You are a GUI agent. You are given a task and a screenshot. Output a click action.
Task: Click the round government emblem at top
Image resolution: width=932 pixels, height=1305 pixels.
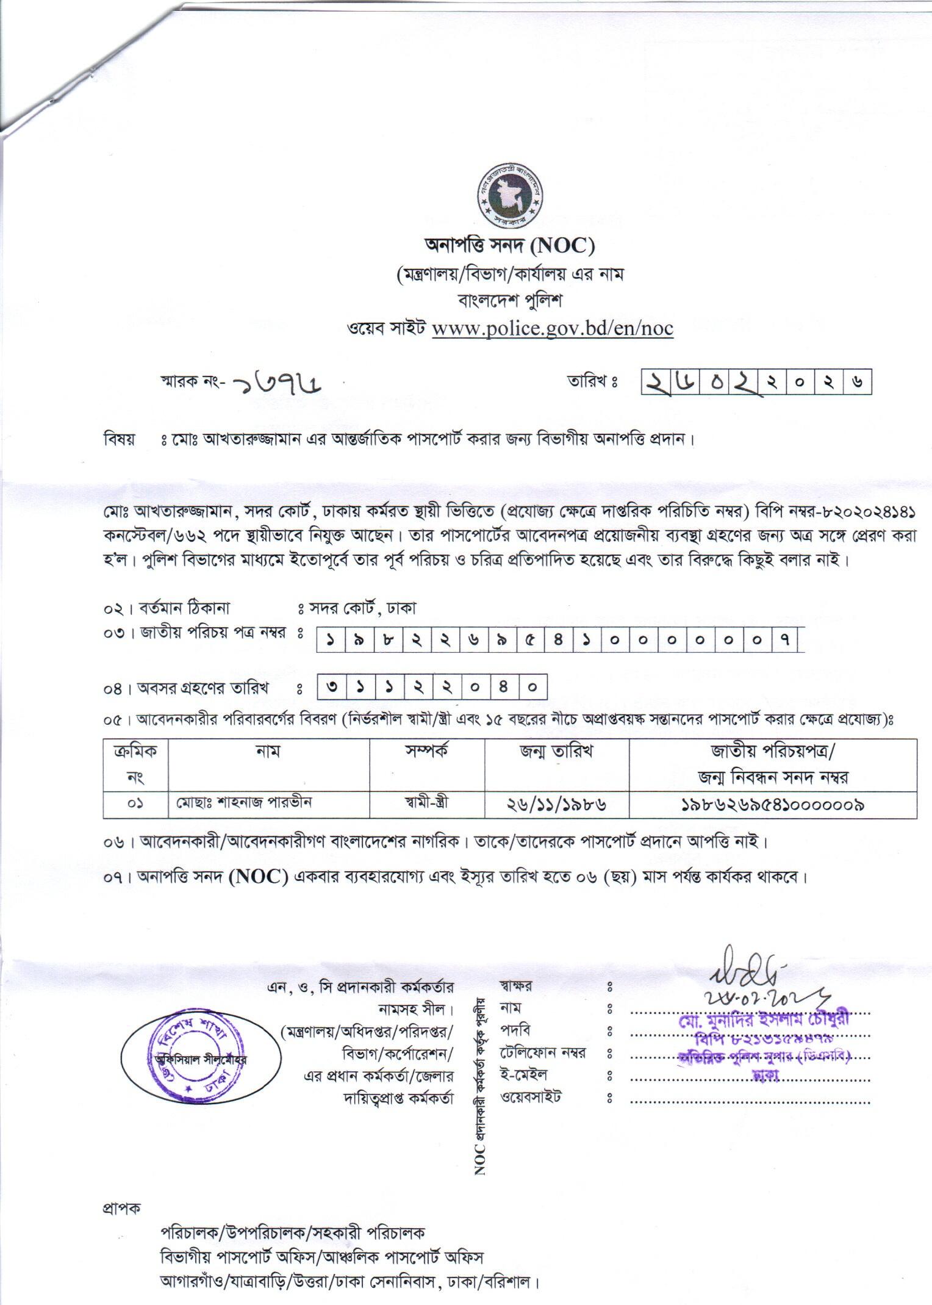pos(511,195)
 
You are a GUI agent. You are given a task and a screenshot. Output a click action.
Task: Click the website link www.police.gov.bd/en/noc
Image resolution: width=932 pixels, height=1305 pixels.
pos(552,329)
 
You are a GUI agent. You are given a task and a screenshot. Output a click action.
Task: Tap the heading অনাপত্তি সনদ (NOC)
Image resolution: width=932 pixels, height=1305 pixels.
pos(509,246)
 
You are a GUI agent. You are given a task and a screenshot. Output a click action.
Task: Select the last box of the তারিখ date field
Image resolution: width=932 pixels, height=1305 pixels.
pos(857,383)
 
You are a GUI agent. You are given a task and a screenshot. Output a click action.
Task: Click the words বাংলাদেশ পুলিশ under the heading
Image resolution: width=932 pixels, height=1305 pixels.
pos(509,301)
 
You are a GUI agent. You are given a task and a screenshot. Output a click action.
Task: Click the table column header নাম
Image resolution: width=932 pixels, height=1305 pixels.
pos(268,751)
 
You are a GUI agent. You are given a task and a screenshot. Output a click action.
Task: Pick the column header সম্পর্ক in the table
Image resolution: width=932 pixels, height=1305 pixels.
pos(427,751)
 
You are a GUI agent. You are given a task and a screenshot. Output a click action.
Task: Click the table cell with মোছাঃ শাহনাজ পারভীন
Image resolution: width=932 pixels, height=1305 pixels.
pos(244,803)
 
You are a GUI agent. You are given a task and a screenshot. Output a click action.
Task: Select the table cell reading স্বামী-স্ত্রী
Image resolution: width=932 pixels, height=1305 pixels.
pos(427,803)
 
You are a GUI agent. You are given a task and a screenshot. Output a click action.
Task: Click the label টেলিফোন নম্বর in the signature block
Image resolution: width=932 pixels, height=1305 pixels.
pos(543,1053)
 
